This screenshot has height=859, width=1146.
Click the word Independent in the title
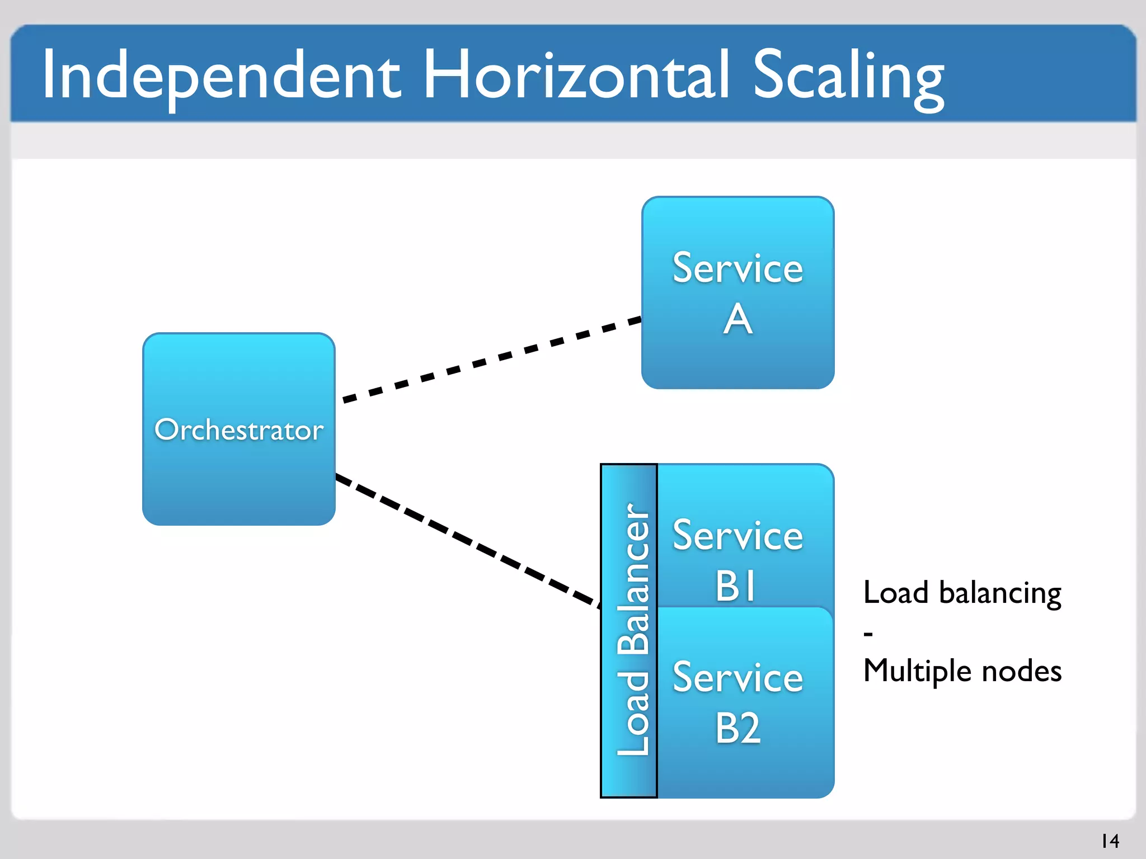pyautogui.click(x=221, y=75)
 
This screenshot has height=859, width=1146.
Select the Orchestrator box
pyautogui.click(x=239, y=481)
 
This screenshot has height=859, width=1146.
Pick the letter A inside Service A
pyautogui.click(x=738, y=319)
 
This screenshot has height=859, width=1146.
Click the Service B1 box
pyautogui.click(x=744, y=492)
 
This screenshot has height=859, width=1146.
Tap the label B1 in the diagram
pyautogui.click(x=736, y=586)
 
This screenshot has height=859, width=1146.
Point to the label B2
pyautogui.click(x=738, y=728)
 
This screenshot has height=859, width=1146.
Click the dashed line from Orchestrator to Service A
pyautogui.click(x=492, y=360)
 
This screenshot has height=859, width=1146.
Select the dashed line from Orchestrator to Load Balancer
pyautogui.click(x=467, y=540)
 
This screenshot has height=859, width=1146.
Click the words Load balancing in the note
pyautogui.click(x=961, y=593)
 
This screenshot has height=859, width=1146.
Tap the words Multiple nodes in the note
pyautogui.click(x=961, y=671)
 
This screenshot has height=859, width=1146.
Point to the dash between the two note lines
pyautogui.click(x=868, y=634)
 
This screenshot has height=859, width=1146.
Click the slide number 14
pyautogui.click(x=1110, y=841)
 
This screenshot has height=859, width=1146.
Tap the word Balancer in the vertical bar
pyautogui.click(x=633, y=579)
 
